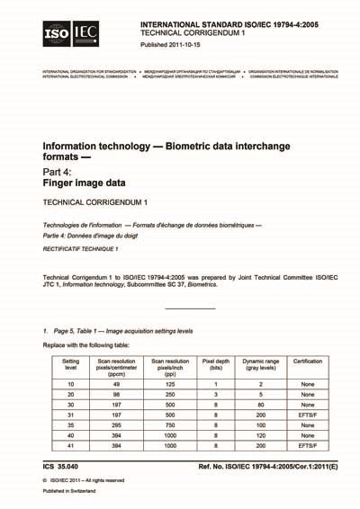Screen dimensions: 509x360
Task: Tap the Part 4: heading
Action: pos(61,167)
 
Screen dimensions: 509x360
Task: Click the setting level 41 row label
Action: pos(70,457)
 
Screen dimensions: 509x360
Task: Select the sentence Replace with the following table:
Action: pos(90,344)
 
